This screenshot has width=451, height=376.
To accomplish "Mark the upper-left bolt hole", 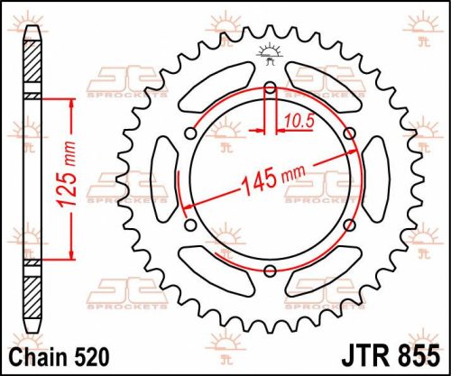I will click(191, 133).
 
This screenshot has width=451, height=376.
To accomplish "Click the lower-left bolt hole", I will click(191, 225).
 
